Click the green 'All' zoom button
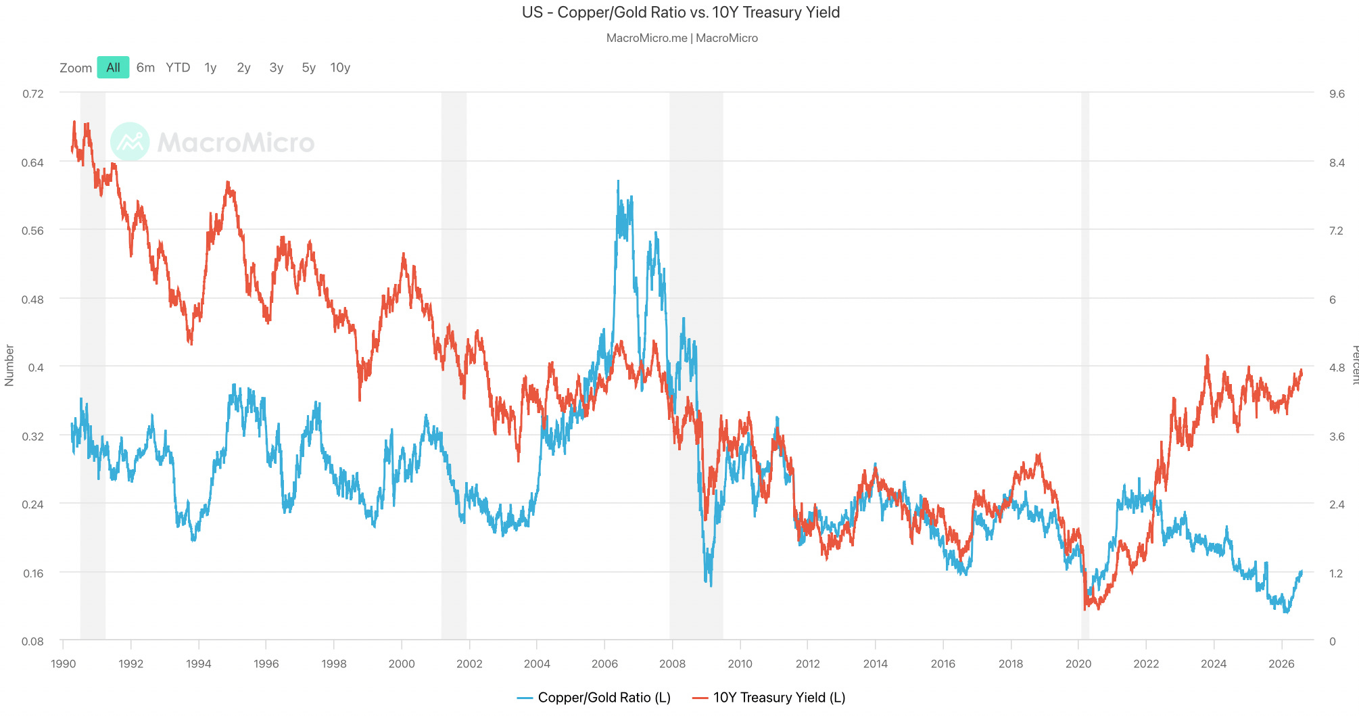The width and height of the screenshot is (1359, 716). pos(113,68)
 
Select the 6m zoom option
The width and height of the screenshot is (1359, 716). pos(145,68)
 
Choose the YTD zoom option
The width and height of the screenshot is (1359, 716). pos(178,68)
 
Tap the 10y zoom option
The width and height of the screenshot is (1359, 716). pos(340,68)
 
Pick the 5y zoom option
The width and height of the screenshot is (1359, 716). pos(308,68)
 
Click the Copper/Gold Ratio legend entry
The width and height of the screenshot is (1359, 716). pos(594,698)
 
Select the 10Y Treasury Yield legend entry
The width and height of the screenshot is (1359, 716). pos(769,698)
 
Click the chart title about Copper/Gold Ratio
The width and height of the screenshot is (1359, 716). pos(681,12)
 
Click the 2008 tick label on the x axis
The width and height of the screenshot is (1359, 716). pos(672,664)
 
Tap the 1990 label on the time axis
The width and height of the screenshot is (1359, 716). pos(63,664)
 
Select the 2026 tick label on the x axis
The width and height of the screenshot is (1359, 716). pos(1281,664)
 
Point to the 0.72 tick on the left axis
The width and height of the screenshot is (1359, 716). pos(33,94)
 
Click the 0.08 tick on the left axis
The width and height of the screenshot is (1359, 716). pos(33,642)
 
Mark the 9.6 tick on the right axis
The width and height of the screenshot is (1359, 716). pos(1337,94)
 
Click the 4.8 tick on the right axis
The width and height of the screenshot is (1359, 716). pos(1337,368)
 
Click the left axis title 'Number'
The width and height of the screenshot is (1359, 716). pos(9,365)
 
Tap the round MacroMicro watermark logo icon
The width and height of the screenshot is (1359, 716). pos(130,141)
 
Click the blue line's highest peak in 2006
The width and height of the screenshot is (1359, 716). pos(618,181)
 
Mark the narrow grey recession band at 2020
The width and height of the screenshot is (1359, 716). pos(1085,366)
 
